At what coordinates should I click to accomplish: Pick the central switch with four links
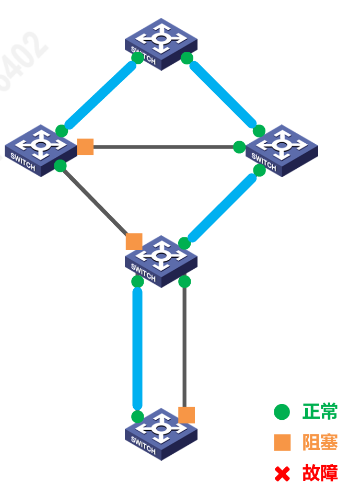click(x=161, y=260)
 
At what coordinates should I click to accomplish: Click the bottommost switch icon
click(x=161, y=433)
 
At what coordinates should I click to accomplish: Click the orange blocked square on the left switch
click(x=85, y=147)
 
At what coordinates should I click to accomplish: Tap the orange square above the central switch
click(x=134, y=241)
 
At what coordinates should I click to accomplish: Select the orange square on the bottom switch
click(x=187, y=415)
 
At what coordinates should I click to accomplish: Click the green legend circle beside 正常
click(x=282, y=412)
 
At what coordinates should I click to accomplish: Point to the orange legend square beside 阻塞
click(x=282, y=443)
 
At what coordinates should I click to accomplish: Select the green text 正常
click(x=320, y=412)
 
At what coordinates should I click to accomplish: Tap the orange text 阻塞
click(x=320, y=443)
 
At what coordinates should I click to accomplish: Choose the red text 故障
click(x=320, y=474)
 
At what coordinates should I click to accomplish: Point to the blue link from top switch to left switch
click(x=99, y=94)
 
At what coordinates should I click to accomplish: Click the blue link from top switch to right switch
click(x=224, y=95)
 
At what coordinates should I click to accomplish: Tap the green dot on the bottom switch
click(x=137, y=417)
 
